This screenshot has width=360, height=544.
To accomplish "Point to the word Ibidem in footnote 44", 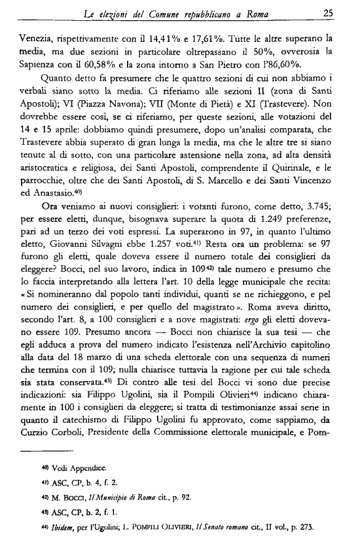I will (x=57, y=528).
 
